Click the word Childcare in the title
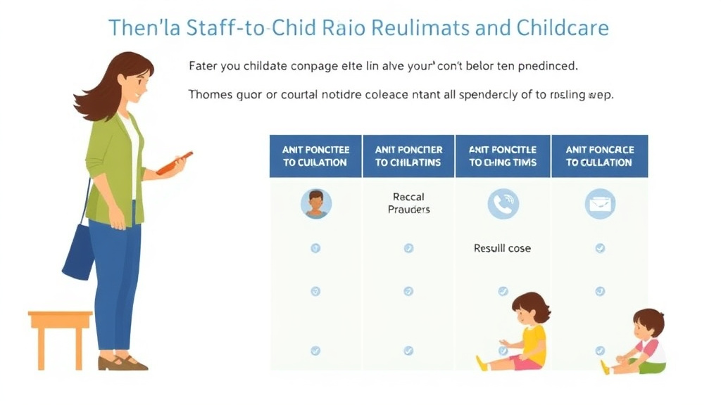562,27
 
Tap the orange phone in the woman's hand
174,162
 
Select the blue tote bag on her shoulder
79,250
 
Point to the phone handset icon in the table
503,204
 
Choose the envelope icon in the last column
599,204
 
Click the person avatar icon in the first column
315,204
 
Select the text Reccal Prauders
408,203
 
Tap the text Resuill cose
502,248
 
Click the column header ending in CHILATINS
408,156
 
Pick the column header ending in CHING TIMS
503,156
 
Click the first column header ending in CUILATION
315,156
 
